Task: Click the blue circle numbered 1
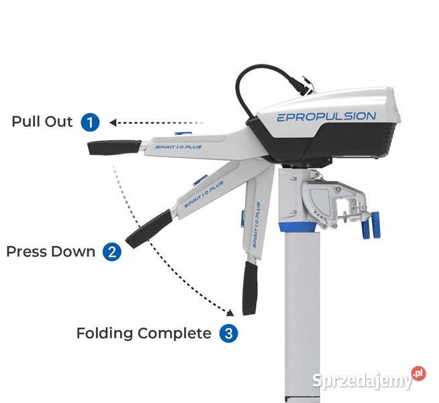(90, 122)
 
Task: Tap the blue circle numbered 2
(112, 251)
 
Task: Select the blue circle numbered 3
(229, 333)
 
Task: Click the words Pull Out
(42, 122)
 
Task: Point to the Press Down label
(50, 251)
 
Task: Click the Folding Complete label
(144, 334)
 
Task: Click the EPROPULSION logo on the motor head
(326, 117)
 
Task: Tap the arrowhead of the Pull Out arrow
(113, 122)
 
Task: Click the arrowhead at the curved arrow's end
(230, 313)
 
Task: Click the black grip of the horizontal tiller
(114, 148)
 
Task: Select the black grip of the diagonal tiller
(149, 229)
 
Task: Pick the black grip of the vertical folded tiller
(250, 288)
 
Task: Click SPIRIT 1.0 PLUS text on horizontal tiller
(179, 147)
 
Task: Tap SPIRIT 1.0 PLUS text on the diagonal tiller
(204, 194)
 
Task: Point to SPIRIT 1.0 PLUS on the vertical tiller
(256, 224)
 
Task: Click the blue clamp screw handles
(371, 225)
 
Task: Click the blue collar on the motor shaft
(298, 227)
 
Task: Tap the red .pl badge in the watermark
(419, 373)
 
